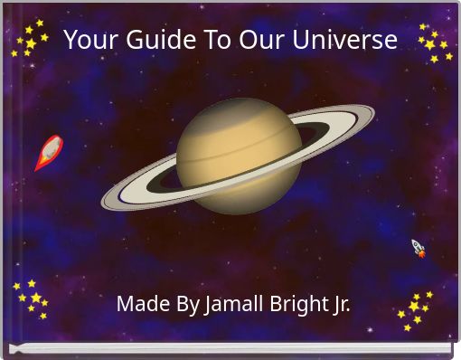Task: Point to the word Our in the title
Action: (262, 41)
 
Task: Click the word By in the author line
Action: (188, 305)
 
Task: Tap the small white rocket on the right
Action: (419, 248)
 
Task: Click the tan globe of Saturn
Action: (238, 154)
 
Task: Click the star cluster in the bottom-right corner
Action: (416, 308)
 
